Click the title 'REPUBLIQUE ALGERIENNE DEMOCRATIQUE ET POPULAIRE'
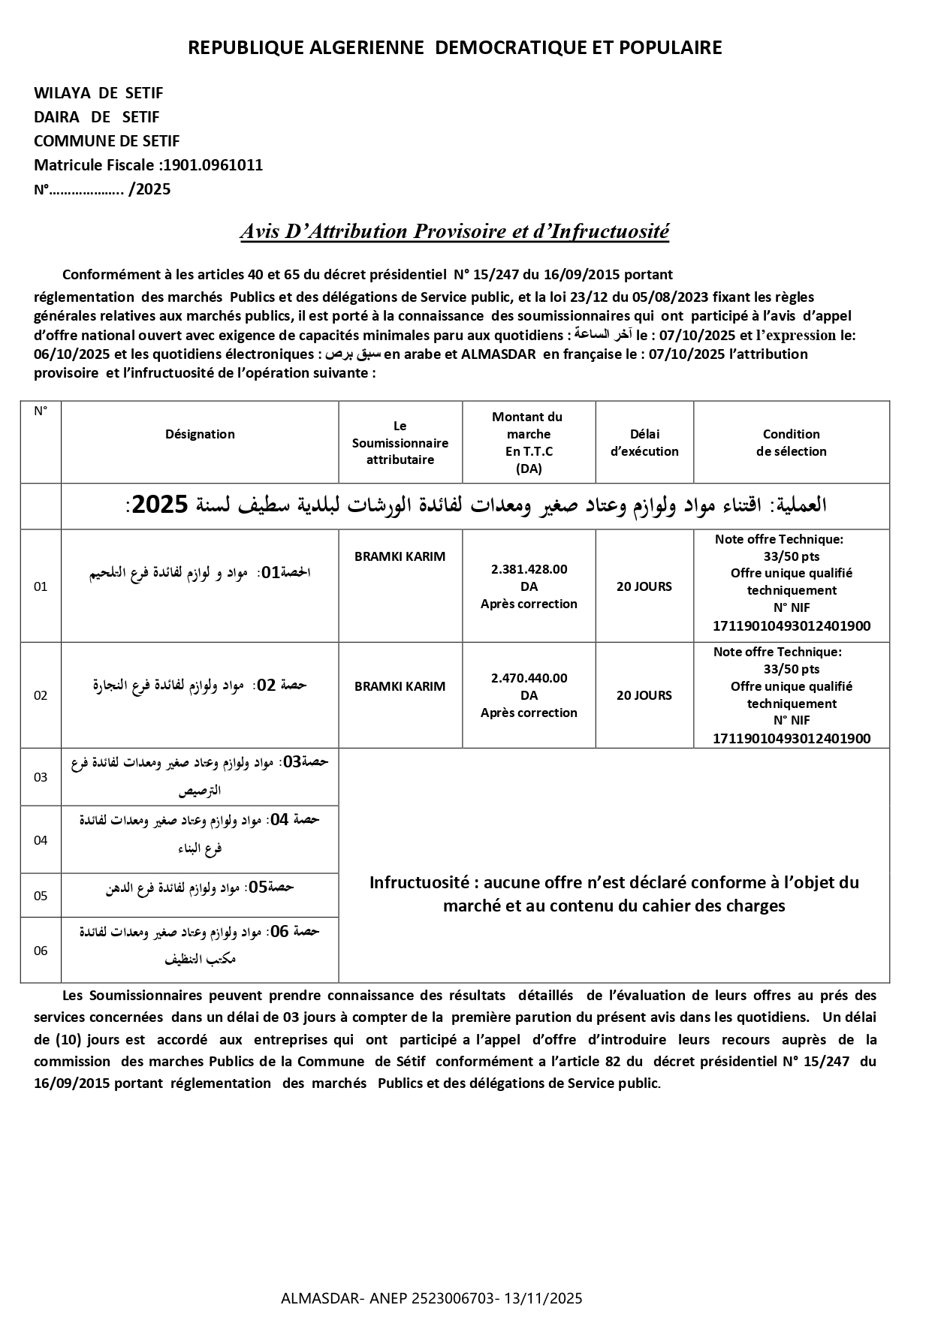454,48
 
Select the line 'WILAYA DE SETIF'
98,93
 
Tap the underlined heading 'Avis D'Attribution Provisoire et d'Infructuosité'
454,231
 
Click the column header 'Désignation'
200,434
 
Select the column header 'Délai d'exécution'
644,442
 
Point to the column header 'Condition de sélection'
791,442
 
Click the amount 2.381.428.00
529,569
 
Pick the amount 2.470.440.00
529,678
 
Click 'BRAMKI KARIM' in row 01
400,556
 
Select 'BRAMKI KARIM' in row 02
400,686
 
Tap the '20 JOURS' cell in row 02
644,695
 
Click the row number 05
41,896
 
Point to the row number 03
41,777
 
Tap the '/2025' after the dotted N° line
149,189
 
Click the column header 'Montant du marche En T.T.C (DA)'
529,442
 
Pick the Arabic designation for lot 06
200,945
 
